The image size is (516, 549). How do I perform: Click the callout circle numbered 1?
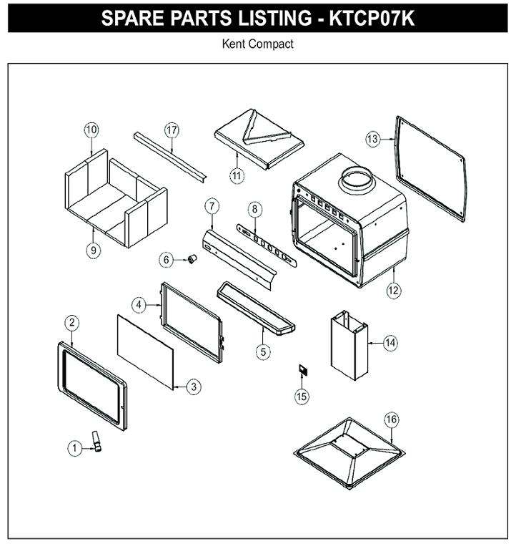pos(74,448)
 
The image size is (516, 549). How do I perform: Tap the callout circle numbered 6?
pos(166,260)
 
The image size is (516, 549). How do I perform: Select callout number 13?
pos(372,139)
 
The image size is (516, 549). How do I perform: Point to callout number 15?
pos(302,397)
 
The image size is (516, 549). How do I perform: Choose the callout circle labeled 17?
pos(172,130)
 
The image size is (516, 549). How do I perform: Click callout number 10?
pos(91,130)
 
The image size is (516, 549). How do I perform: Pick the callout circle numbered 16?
pos(391,419)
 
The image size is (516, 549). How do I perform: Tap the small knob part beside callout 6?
pos(192,259)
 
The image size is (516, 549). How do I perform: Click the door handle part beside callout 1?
pos(96,441)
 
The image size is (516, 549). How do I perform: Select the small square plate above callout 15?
pos(303,369)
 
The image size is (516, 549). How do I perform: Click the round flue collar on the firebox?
pos(357,180)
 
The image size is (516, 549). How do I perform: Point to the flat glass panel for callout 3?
pos(145,352)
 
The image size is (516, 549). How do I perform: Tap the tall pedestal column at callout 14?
pos(349,346)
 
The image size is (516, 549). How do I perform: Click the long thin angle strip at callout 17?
pos(170,157)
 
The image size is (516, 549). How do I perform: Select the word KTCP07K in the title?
pos(372,18)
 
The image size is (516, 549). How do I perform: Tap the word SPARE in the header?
pos(131,18)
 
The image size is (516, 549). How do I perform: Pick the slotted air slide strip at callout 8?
pos(267,245)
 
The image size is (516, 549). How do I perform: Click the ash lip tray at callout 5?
pos(256,308)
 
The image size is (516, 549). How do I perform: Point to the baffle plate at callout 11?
pos(259,139)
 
